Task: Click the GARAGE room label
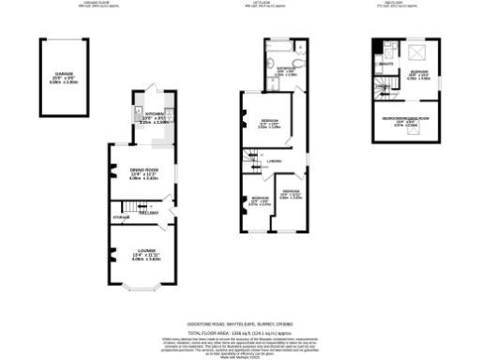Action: point(65,72)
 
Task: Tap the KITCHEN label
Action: point(154,114)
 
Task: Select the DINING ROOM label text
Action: point(144,169)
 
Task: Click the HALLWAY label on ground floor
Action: point(148,213)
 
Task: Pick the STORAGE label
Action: point(122,217)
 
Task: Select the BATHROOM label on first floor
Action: point(287,68)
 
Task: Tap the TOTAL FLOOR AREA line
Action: point(239,331)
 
